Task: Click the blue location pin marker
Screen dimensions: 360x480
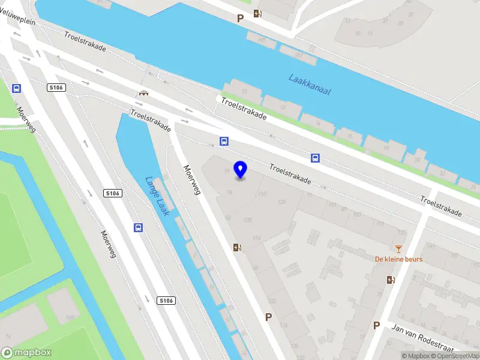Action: (x=241, y=169)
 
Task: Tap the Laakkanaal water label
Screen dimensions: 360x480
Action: (x=310, y=84)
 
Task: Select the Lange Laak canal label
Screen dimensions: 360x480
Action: (x=158, y=196)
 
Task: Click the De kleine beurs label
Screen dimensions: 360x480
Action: (x=398, y=259)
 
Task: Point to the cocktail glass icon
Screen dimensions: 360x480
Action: (x=398, y=248)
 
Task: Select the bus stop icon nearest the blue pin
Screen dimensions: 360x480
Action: (x=224, y=142)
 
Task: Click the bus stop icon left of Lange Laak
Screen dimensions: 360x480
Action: (x=138, y=227)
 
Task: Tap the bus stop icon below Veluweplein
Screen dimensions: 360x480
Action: (x=16, y=88)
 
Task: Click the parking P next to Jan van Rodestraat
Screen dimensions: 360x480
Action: (x=376, y=325)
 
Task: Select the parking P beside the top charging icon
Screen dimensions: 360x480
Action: (x=240, y=18)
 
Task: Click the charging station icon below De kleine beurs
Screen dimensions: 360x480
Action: (x=391, y=280)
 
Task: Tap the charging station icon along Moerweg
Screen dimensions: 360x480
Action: (x=238, y=247)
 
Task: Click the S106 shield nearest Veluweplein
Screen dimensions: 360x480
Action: (x=55, y=88)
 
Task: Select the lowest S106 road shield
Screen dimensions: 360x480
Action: (x=166, y=300)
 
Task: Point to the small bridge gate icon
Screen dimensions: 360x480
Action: (x=143, y=93)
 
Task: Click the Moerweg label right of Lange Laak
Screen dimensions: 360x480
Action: (x=192, y=180)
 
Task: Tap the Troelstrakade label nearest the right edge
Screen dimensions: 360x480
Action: (x=441, y=206)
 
